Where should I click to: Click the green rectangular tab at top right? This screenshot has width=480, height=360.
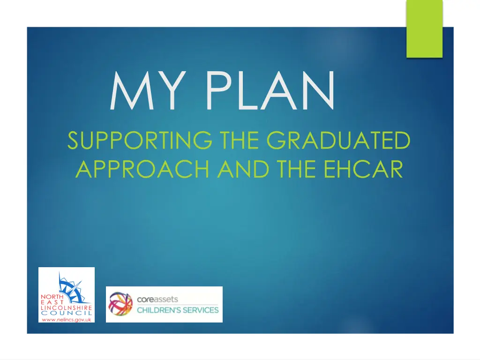point(424,28)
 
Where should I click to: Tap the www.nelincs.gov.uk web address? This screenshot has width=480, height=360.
point(66,319)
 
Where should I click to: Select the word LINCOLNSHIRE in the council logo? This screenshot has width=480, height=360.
point(66,307)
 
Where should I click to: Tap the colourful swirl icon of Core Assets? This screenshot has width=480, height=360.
point(120,304)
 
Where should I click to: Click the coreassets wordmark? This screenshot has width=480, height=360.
point(157,299)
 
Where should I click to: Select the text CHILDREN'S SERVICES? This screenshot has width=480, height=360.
point(178,310)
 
